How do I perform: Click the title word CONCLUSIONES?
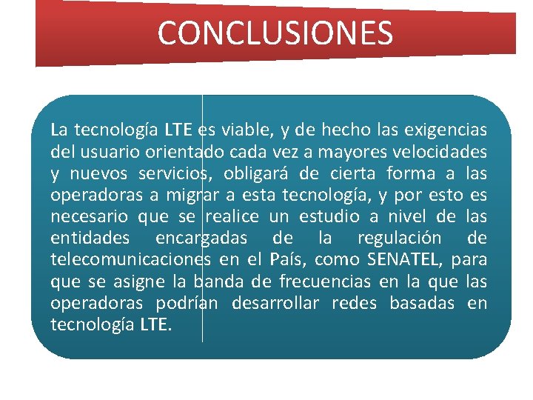pyautogui.click(x=275, y=33)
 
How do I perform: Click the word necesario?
pyautogui.click(x=90, y=217)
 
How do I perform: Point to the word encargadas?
pyautogui.click(x=202, y=239)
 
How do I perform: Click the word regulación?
pyautogui.click(x=400, y=239)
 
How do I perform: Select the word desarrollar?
pyautogui.click(x=275, y=303)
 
